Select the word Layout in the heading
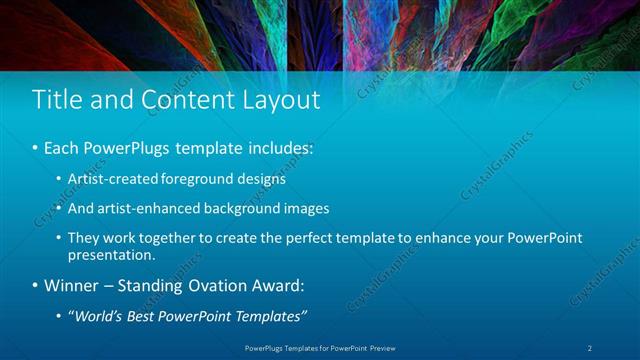click(283, 100)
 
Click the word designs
click(263, 180)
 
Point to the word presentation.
click(112, 254)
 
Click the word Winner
click(72, 286)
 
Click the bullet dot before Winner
click(35, 287)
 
